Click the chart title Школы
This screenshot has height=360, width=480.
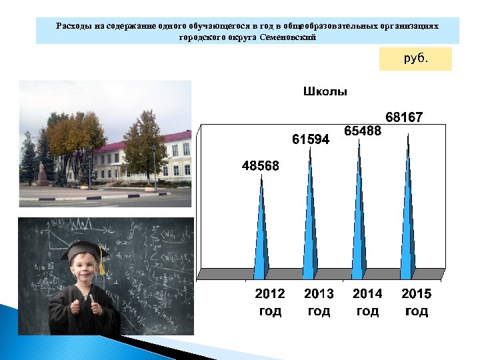pyautogui.click(x=325, y=92)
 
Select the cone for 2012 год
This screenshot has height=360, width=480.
pyautogui.click(x=261, y=233)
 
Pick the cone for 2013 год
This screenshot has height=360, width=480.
pyautogui.click(x=309, y=220)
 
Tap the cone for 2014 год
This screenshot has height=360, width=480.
pyautogui.click(x=359, y=213)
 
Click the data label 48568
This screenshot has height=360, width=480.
pyautogui.click(x=261, y=165)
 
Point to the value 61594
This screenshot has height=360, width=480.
pyautogui.click(x=311, y=139)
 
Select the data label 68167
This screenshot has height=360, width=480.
pyautogui.click(x=403, y=117)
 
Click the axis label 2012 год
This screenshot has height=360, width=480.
pyautogui.click(x=270, y=302)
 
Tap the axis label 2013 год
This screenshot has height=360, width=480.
pyautogui.click(x=319, y=302)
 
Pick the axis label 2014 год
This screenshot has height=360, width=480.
pyautogui.click(x=367, y=302)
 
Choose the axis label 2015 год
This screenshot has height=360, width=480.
pyautogui.click(x=417, y=302)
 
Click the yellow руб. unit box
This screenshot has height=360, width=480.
pyautogui.click(x=415, y=59)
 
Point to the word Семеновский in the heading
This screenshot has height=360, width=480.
pyautogui.click(x=289, y=37)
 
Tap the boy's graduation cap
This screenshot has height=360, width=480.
pyautogui.click(x=83, y=251)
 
